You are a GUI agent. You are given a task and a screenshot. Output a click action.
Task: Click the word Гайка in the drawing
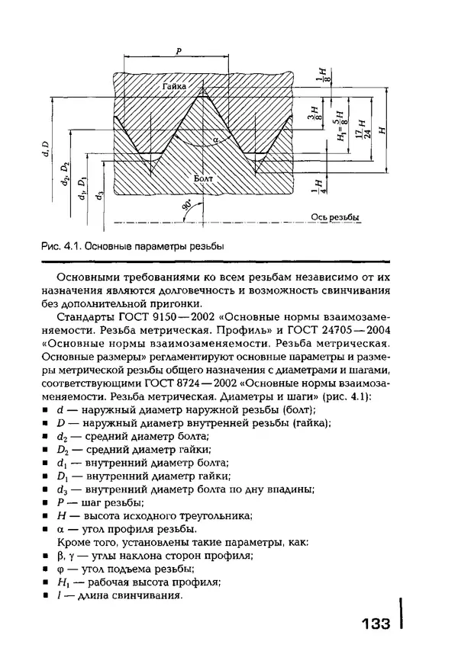173,88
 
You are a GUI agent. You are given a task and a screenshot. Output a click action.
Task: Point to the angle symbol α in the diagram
216,139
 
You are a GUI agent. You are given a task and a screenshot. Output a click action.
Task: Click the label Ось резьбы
335,217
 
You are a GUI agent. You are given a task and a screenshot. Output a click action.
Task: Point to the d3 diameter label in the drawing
100,195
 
